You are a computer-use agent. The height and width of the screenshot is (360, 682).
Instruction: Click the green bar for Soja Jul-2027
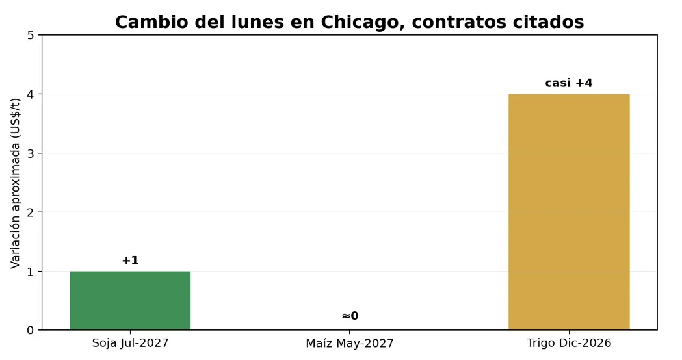pyautogui.click(x=130, y=300)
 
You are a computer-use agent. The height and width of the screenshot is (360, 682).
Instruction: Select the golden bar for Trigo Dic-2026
pyautogui.click(x=569, y=212)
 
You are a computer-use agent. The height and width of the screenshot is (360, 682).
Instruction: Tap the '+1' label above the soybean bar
pyautogui.click(x=130, y=261)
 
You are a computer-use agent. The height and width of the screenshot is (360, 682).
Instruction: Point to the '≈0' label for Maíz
pyautogui.click(x=350, y=316)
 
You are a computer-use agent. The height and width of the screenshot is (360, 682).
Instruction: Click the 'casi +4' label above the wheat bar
pyautogui.click(x=569, y=83)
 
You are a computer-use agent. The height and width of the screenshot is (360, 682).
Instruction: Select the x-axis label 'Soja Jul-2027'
pyautogui.click(x=130, y=343)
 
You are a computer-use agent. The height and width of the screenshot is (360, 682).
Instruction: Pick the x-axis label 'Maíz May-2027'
pyautogui.click(x=350, y=344)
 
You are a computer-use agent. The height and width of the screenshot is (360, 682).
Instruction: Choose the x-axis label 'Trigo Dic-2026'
pyautogui.click(x=569, y=343)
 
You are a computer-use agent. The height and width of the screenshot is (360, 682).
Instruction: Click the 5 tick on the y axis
pyautogui.click(x=31, y=35)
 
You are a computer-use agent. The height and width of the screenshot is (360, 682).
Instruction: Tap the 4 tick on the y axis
pyautogui.click(x=31, y=94)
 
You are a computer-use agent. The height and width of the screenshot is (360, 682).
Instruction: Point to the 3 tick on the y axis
pyautogui.click(x=31, y=153)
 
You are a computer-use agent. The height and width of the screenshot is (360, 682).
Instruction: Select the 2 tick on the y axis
pyautogui.click(x=31, y=212)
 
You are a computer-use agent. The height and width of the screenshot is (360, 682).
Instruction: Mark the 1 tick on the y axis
pyautogui.click(x=31, y=272)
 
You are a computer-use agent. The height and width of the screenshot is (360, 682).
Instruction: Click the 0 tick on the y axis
pyautogui.click(x=31, y=331)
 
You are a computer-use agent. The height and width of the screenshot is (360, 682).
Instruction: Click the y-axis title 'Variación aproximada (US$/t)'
pyautogui.click(x=15, y=183)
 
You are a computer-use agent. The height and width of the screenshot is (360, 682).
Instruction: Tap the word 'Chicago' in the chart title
pyautogui.click(x=360, y=22)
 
